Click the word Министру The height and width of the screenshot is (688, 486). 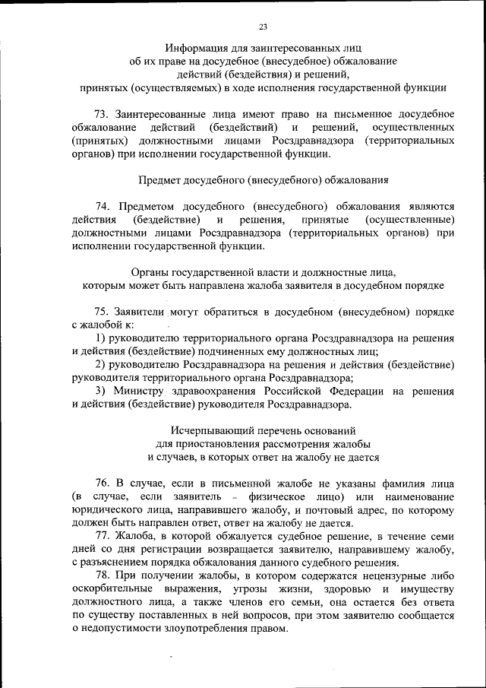click(x=140, y=392)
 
